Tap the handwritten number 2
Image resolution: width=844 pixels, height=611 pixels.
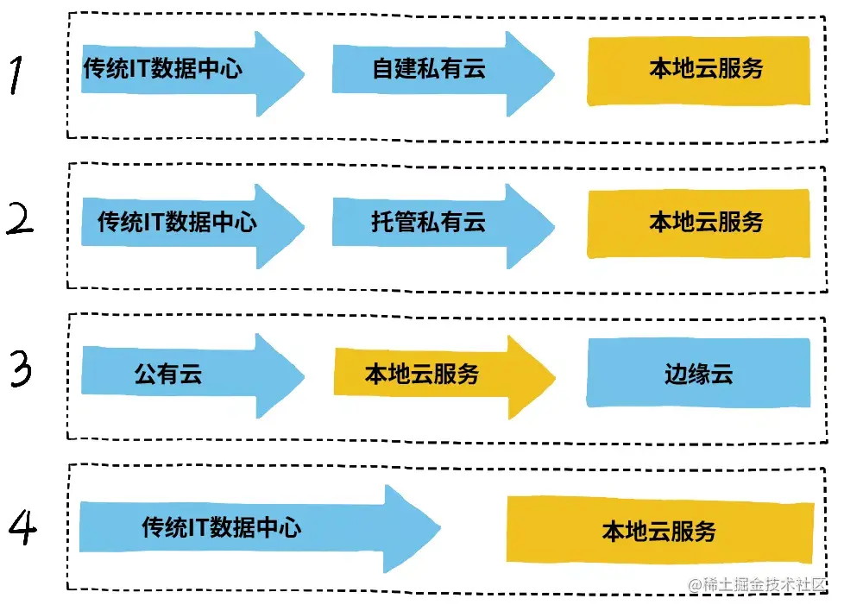[x=21, y=221]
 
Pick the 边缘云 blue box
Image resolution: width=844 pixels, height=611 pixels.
[x=698, y=373]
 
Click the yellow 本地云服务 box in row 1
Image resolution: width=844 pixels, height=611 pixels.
[x=698, y=70]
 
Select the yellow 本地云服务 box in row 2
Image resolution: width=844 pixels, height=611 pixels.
[x=698, y=223]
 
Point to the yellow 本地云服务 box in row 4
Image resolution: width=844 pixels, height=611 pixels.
[x=659, y=530]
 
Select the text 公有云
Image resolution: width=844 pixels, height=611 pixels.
[x=167, y=375]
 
